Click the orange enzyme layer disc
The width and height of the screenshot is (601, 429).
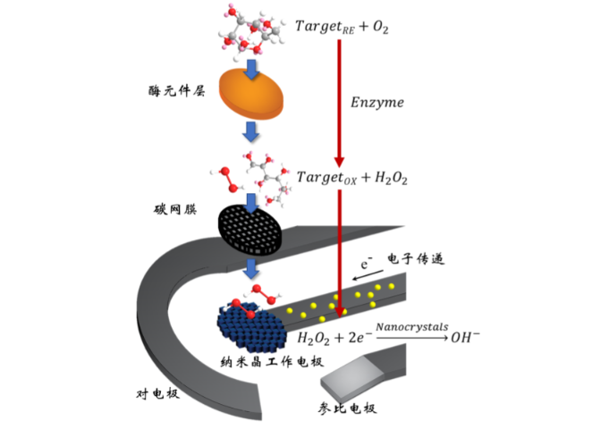point(251,94)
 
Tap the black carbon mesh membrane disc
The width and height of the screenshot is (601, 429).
point(250,230)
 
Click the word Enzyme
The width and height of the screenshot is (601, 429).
point(377,103)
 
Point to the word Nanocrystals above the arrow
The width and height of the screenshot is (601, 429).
point(412,327)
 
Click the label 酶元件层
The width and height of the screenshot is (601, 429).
point(177,91)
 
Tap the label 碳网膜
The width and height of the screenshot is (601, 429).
point(175,209)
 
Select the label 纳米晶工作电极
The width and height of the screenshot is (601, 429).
point(272,362)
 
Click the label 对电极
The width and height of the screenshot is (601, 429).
point(157,393)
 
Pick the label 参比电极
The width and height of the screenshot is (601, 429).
point(347,408)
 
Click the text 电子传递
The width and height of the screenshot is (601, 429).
point(416,259)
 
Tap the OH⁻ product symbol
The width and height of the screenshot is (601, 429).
point(465,338)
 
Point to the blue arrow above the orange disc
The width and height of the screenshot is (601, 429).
point(251,70)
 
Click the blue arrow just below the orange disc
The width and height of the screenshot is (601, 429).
point(250,132)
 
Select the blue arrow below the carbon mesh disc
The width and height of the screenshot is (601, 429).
point(251,269)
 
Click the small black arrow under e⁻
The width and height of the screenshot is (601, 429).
point(368,275)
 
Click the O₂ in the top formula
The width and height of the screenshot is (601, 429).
point(381,27)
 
